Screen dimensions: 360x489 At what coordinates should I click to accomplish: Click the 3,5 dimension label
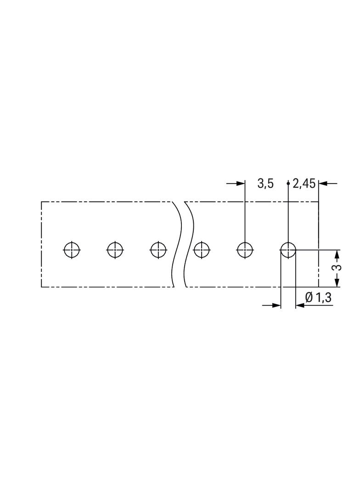265,184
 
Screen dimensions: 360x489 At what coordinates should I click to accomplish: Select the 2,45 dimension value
304,184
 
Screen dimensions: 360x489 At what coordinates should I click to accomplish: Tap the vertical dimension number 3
337,268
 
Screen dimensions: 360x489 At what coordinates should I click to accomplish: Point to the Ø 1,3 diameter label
318,298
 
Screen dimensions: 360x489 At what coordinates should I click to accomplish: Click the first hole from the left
72,250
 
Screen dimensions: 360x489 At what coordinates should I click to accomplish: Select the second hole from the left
115,250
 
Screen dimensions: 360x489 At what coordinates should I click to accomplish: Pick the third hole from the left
158,250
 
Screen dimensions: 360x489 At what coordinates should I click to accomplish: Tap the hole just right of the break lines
202,250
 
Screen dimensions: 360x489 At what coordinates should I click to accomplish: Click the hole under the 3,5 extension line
245,250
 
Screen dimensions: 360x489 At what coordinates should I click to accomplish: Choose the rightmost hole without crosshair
288,250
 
